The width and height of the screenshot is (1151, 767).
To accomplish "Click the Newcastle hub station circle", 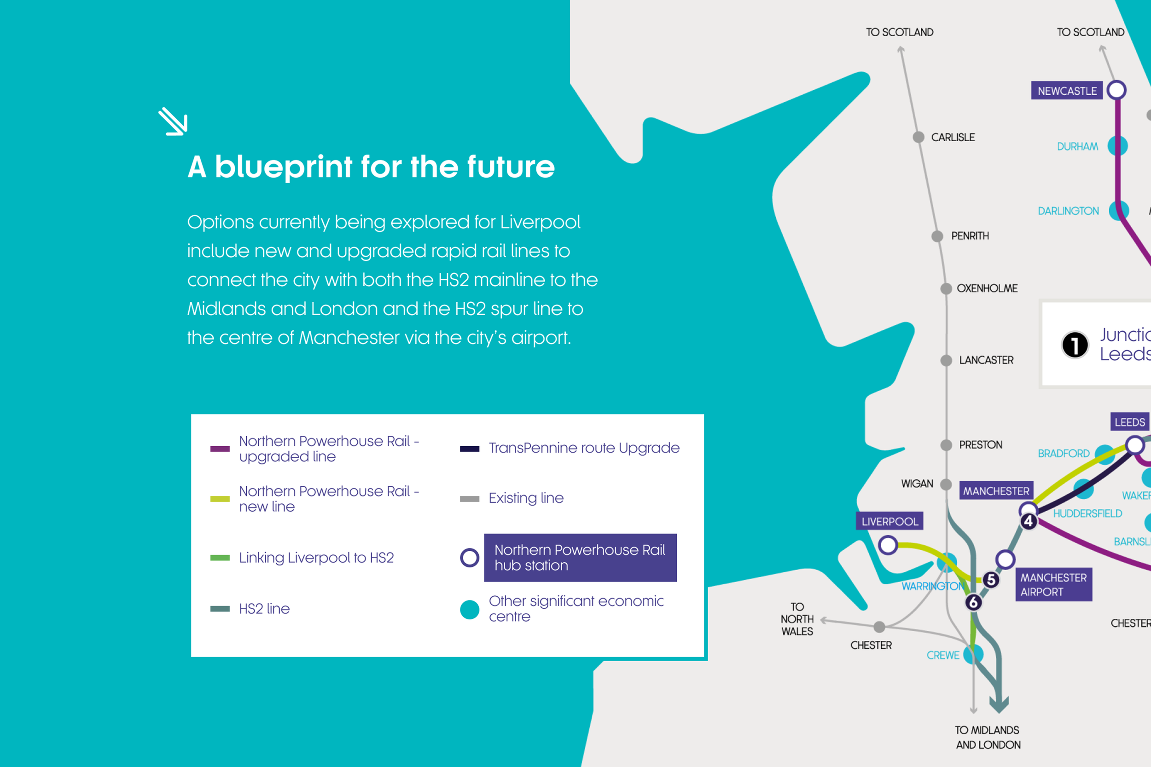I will pos(1116,90).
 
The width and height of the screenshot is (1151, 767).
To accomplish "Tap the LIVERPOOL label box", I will pos(889,521).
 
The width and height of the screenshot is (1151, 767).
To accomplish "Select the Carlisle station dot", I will pos(918,137).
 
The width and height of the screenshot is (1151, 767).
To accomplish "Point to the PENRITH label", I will pos(970,236).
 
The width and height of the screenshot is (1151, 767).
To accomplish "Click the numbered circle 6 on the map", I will pos(973,602).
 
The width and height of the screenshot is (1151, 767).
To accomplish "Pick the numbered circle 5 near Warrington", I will pos(991,580).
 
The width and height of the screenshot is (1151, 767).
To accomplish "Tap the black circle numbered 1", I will pos(1075,345).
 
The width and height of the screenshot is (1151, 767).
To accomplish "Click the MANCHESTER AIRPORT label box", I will pos(1053,584).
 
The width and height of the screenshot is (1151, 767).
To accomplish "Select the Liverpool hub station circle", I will pos(888,545).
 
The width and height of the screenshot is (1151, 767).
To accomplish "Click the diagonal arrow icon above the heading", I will pos(173,121).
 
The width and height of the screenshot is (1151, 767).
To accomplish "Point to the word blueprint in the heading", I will pos(283,167).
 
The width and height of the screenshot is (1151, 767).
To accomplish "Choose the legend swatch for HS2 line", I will pos(220,609).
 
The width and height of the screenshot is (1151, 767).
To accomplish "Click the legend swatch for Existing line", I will pos(469,498).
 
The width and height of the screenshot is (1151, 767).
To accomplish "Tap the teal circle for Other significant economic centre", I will pos(469,610).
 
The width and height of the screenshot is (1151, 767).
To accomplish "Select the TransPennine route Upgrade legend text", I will pos(584,448).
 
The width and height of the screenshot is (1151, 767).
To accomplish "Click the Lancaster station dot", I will pos(946,361).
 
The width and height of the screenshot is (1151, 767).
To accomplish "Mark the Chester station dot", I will pos(879,627).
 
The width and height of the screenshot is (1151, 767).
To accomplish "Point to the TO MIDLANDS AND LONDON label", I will pos(988,737).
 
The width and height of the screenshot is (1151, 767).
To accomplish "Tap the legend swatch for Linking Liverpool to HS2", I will pos(220,558).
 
